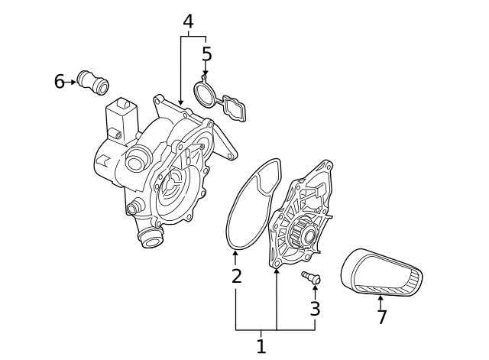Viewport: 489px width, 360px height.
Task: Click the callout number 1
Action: [x=261, y=346]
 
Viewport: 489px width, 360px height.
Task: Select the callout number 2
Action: [x=236, y=276]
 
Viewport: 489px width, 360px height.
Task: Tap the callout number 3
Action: [x=315, y=309]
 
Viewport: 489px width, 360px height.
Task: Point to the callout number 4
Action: [x=188, y=22]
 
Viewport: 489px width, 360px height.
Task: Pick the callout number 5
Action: [x=206, y=54]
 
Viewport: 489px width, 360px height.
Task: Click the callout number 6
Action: [x=59, y=81]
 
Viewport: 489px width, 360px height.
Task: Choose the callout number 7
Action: [x=382, y=316]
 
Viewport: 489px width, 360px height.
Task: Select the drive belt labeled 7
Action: [x=382, y=271]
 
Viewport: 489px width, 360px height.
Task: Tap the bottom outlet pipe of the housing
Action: [x=151, y=238]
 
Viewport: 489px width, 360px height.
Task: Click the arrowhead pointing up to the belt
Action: [x=381, y=298]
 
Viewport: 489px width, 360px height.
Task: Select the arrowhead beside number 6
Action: [x=73, y=81]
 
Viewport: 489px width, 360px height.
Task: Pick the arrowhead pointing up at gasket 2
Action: [x=235, y=252]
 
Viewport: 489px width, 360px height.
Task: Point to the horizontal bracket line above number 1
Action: [x=275, y=330]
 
